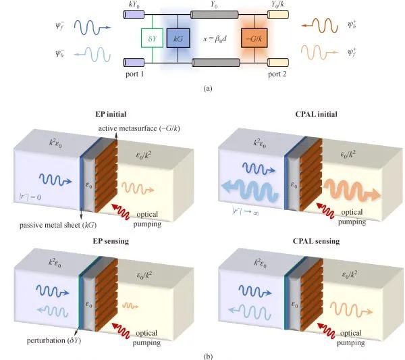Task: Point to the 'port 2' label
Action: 276,73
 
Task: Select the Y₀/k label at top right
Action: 278,5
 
